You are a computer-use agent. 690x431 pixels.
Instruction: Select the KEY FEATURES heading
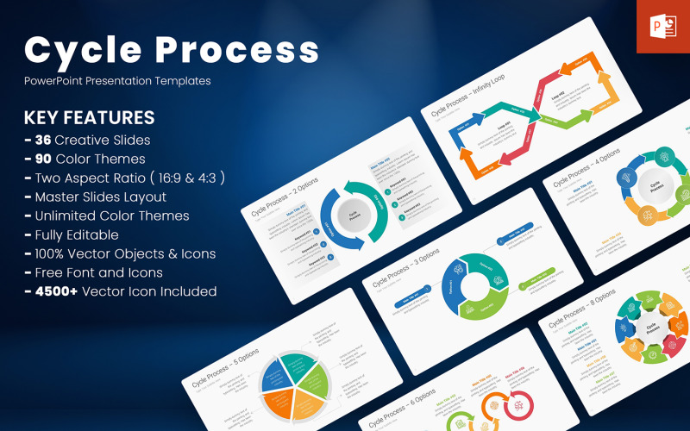tap(90, 117)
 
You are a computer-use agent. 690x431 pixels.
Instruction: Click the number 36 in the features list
tap(44, 140)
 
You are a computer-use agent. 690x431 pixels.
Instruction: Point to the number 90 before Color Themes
tap(43, 159)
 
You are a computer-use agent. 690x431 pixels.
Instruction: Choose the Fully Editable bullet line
tap(72, 234)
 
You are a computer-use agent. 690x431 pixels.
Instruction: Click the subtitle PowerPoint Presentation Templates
tap(117, 81)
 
